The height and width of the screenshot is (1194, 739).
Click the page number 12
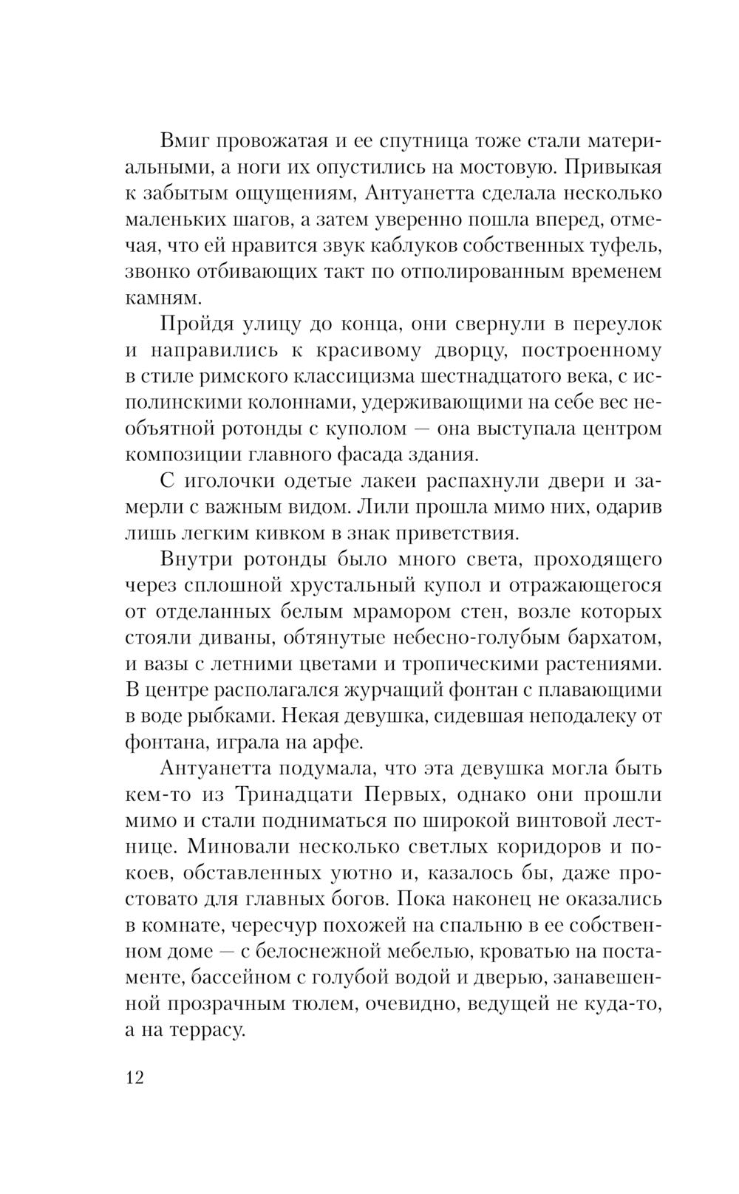pos(135,1077)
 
